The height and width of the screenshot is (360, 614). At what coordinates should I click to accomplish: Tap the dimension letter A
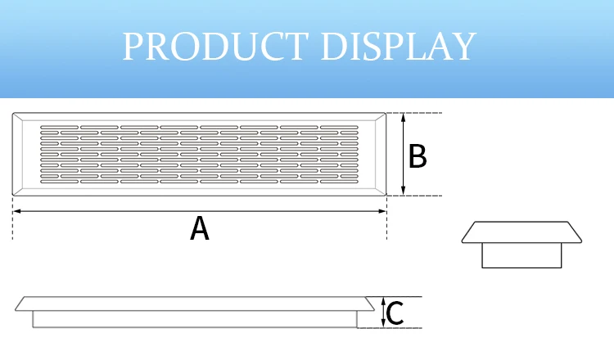199,227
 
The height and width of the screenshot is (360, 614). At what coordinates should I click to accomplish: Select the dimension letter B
418,155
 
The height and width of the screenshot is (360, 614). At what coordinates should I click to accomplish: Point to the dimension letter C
394,313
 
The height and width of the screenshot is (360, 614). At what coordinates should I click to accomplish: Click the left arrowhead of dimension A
16,211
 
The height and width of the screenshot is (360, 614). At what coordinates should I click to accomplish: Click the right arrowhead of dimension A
383,211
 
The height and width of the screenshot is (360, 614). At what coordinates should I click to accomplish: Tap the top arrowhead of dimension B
404,117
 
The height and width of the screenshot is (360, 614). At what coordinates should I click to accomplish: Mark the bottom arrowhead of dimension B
404,191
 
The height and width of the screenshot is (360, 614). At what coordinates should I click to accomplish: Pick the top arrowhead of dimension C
383,301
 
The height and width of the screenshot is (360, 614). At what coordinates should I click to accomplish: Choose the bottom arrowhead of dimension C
383,324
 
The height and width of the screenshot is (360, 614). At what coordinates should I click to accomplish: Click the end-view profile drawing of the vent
521,243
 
